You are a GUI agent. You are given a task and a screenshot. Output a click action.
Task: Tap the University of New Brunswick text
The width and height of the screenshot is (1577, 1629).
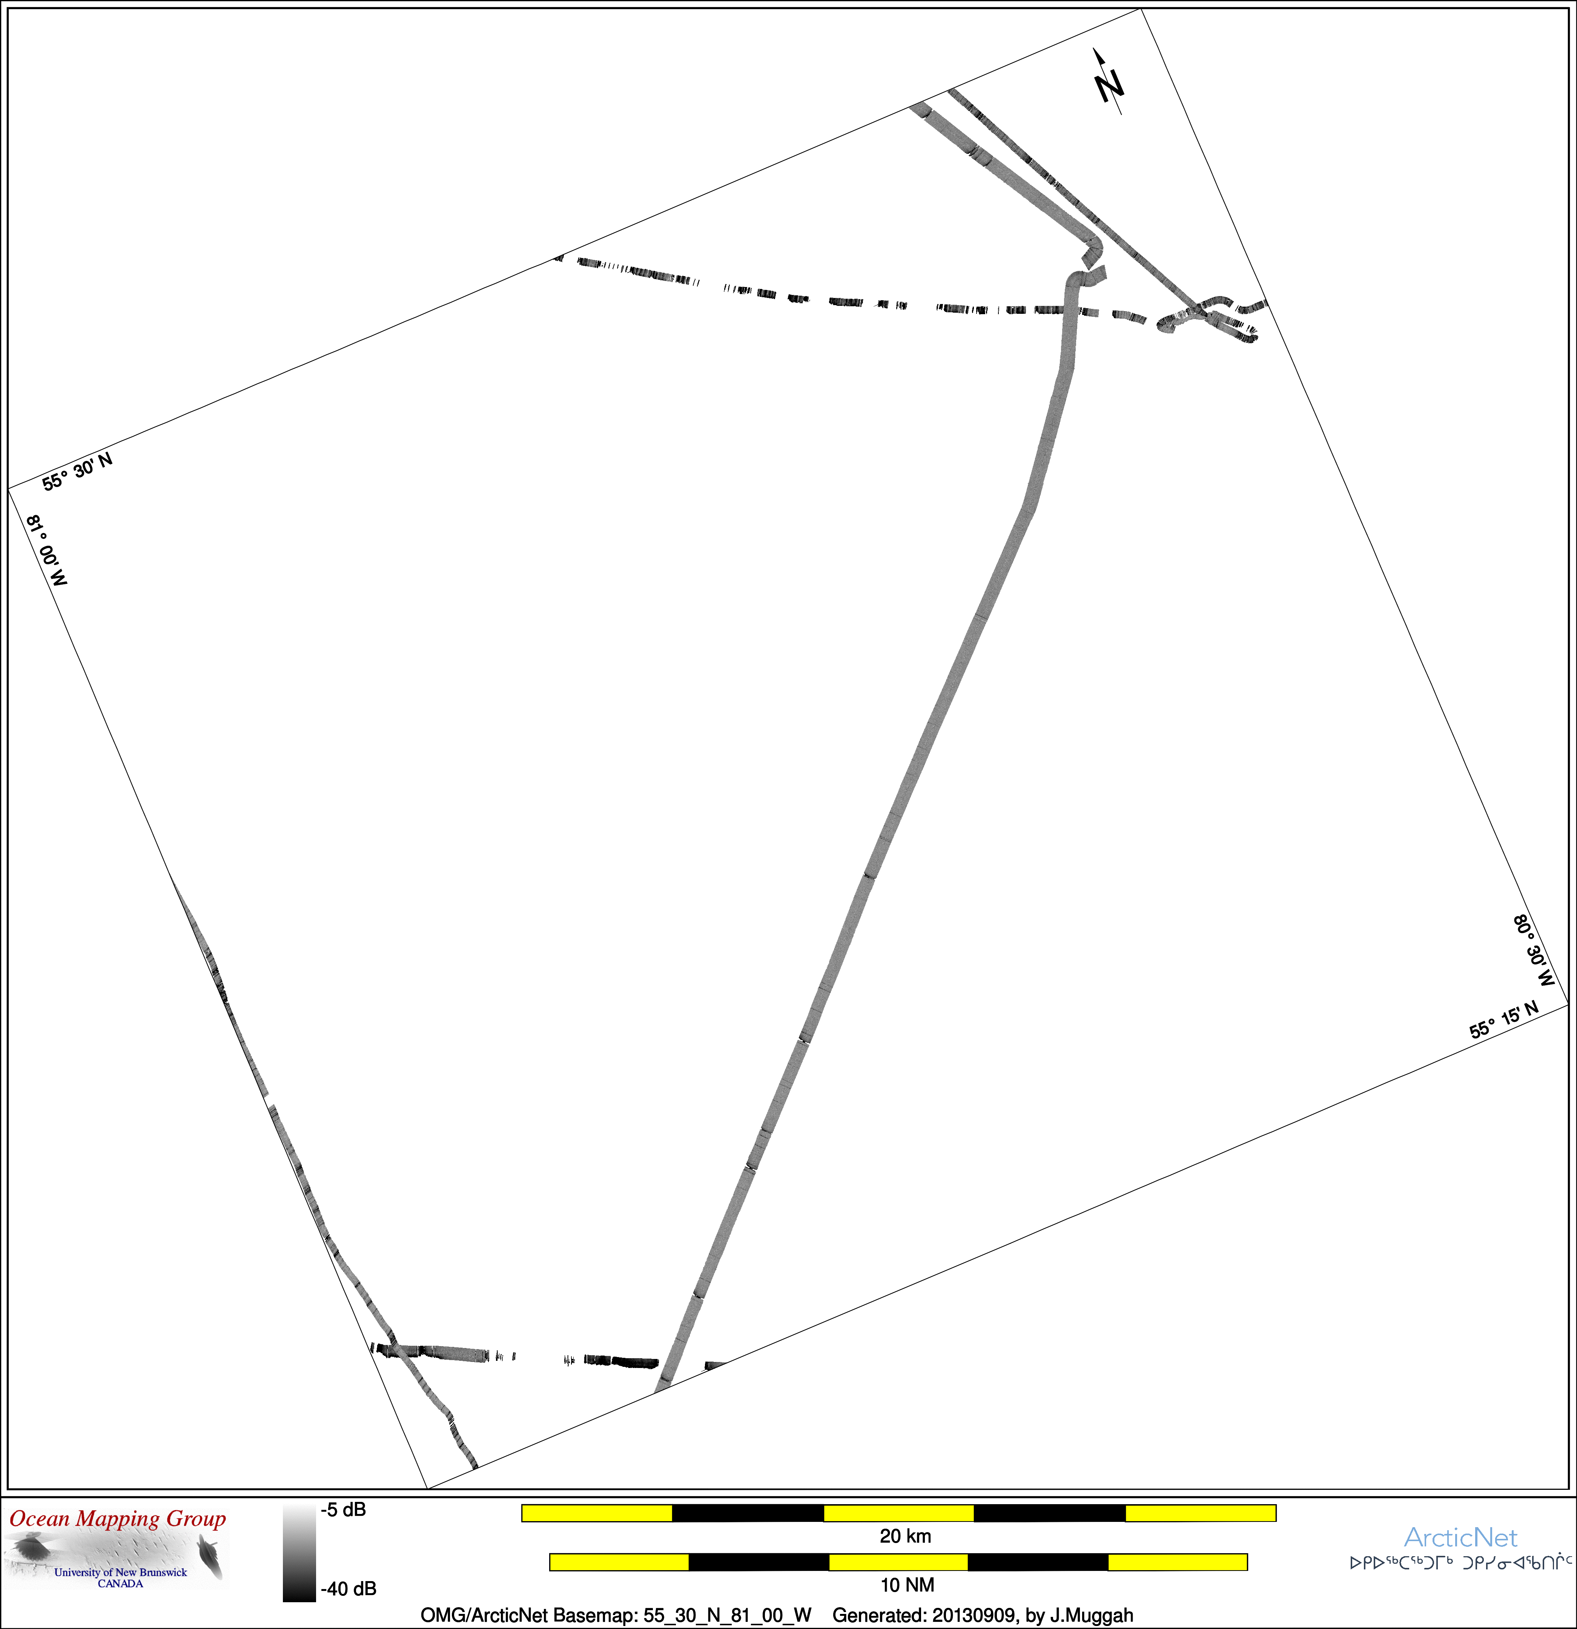[121, 1572]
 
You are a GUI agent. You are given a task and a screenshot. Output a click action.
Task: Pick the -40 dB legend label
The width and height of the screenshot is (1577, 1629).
[348, 1588]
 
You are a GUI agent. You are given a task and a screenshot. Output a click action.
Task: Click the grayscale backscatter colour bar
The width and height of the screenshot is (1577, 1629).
[299, 1552]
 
